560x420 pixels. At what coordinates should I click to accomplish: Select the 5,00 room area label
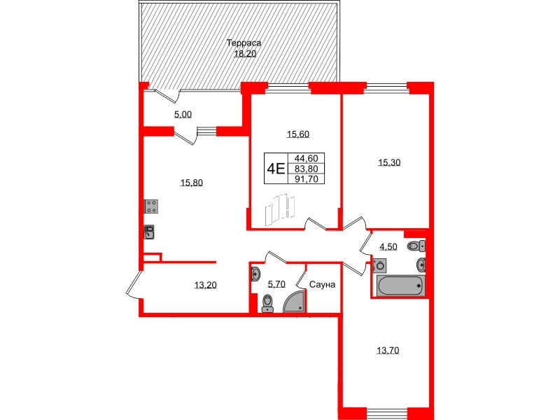tap(183, 115)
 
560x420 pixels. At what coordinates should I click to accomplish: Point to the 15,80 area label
tap(191, 183)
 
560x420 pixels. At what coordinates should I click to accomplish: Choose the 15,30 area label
tap(389, 162)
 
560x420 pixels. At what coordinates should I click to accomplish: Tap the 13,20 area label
tap(205, 284)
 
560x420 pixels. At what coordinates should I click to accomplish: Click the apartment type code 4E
tap(276, 168)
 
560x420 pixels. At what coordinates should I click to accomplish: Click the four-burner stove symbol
tap(151, 206)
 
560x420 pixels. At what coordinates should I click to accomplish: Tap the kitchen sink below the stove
tap(150, 232)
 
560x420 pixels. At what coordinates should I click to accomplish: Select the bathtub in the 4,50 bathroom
tap(400, 285)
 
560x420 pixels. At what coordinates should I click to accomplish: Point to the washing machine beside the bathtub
tap(379, 265)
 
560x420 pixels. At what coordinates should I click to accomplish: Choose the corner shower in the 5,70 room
tap(295, 301)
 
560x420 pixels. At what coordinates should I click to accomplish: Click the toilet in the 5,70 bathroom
tap(267, 302)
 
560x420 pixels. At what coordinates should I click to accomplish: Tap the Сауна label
tap(322, 285)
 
